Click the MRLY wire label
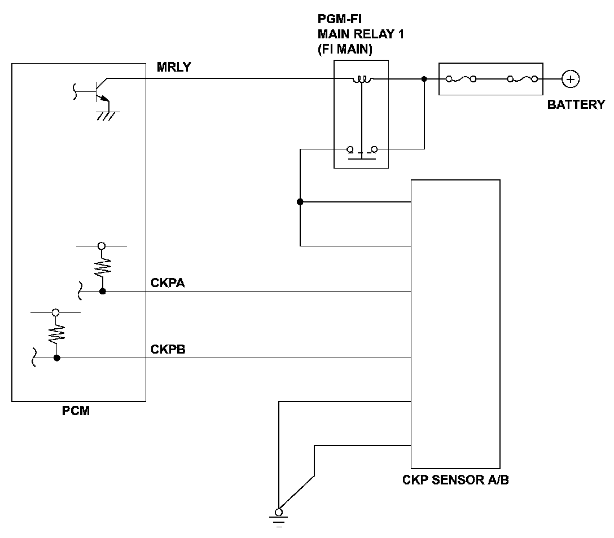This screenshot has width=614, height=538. (x=174, y=67)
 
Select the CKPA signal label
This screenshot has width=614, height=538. (x=168, y=283)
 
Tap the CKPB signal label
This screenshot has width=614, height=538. (x=168, y=349)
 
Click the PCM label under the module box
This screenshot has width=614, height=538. (x=76, y=411)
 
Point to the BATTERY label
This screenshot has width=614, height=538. (x=576, y=104)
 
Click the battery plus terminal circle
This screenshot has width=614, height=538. (x=571, y=79)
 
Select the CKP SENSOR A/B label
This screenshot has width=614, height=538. (x=455, y=480)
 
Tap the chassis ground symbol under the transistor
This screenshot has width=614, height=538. (x=108, y=116)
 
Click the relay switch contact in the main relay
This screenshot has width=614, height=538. (x=362, y=152)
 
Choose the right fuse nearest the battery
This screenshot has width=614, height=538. (x=523, y=79)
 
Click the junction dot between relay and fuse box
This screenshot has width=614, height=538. (x=424, y=79)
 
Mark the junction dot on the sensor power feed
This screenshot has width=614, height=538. (x=300, y=202)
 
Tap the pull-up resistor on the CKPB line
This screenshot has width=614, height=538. (x=56, y=333)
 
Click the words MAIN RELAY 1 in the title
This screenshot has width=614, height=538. (x=361, y=34)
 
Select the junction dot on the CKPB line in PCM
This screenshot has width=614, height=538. (x=57, y=358)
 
